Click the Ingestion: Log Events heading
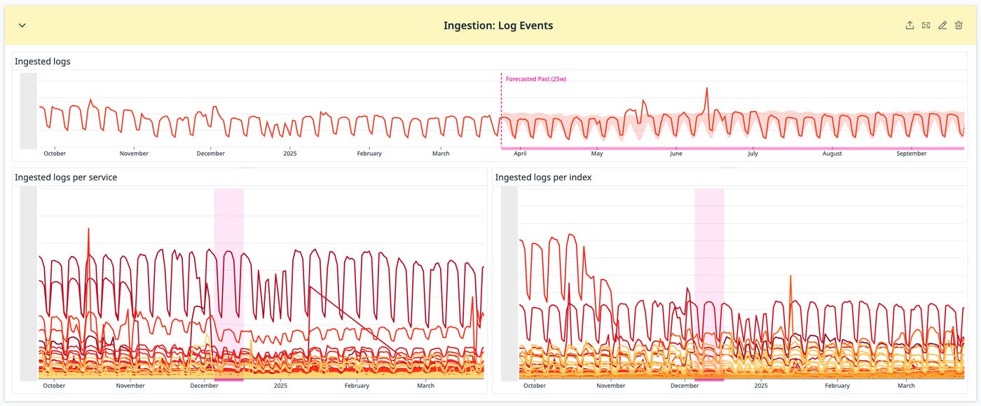(498, 26)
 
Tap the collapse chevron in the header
(22, 25)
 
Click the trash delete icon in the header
(959, 25)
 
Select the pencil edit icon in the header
(942, 25)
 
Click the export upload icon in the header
(910, 25)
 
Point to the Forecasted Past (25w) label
(536, 79)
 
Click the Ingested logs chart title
(43, 62)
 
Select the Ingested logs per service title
(66, 177)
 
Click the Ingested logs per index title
(543, 177)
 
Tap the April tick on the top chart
(520, 154)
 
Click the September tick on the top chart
(912, 154)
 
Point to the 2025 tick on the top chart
(290, 154)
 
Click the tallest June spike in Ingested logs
(707, 89)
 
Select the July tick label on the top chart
(753, 154)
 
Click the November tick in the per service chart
(130, 386)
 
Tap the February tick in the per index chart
(837, 386)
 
